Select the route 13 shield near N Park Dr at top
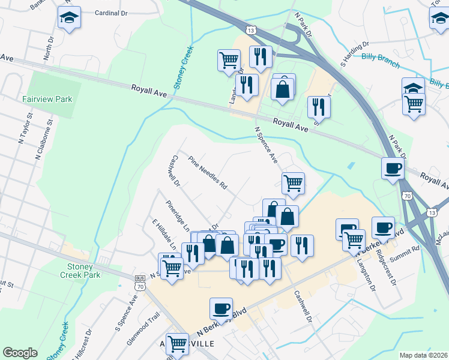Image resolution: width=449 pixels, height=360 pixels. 252,30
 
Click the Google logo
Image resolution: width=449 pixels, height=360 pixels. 20,353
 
